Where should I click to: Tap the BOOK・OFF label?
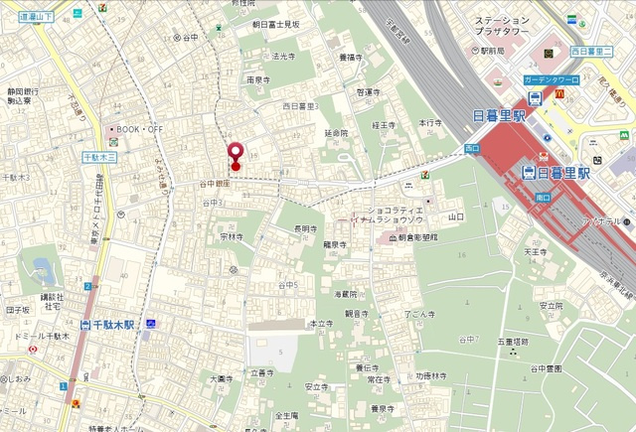138,129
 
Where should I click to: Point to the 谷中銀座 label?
214,184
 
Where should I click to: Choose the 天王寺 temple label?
536,252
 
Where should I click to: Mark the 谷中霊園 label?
546,368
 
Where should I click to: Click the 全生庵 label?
286,416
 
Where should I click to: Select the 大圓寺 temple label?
221,378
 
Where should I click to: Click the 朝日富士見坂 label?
275,24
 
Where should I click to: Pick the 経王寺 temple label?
384,125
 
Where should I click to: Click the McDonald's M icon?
559,92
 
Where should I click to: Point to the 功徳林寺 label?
430,376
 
